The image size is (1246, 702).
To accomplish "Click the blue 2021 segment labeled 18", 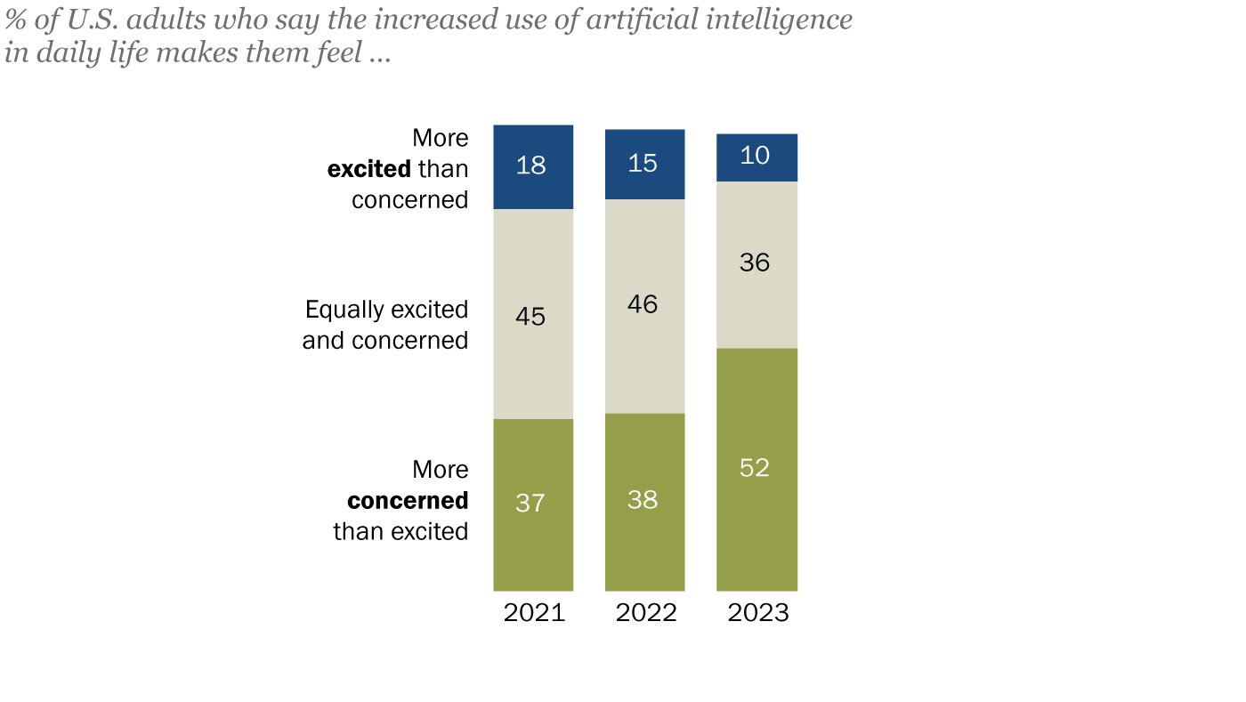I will tap(532, 166).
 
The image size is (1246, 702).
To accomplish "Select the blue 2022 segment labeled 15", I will tap(644, 164).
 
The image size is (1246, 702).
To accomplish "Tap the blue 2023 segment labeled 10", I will tap(756, 157).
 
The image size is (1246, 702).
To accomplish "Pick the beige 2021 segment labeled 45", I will tap(532, 314).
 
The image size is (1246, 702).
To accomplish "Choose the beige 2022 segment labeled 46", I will tap(644, 306).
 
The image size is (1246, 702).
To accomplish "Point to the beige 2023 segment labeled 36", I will tap(756, 264).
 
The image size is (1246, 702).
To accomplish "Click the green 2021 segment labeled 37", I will tap(532, 504).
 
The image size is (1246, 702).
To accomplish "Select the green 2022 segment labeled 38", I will tap(644, 501).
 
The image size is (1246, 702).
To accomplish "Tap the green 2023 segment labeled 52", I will tap(756, 469).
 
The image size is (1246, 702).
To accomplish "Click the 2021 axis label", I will tap(534, 613).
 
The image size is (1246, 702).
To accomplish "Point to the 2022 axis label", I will tap(646, 613).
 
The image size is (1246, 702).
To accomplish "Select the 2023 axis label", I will tap(758, 613).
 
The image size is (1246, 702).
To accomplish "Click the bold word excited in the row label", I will tap(368, 169).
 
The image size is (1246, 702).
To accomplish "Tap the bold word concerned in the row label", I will tap(408, 501).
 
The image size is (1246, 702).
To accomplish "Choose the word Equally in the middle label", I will tap(341, 310).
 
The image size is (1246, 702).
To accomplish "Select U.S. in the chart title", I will tap(93, 20).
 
